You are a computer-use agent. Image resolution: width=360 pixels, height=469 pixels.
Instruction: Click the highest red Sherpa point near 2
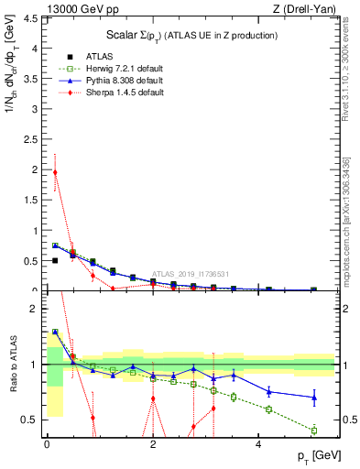pyautogui.click(x=56, y=171)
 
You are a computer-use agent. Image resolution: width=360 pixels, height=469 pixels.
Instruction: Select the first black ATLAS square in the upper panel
pyautogui.click(x=56, y=260)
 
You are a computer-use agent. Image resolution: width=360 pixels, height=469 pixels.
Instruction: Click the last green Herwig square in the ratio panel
pyautogui.click(x=314, y=431)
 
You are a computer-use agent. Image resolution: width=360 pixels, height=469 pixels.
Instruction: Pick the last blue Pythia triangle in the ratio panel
pyautogui.click(x=314, y=398)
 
